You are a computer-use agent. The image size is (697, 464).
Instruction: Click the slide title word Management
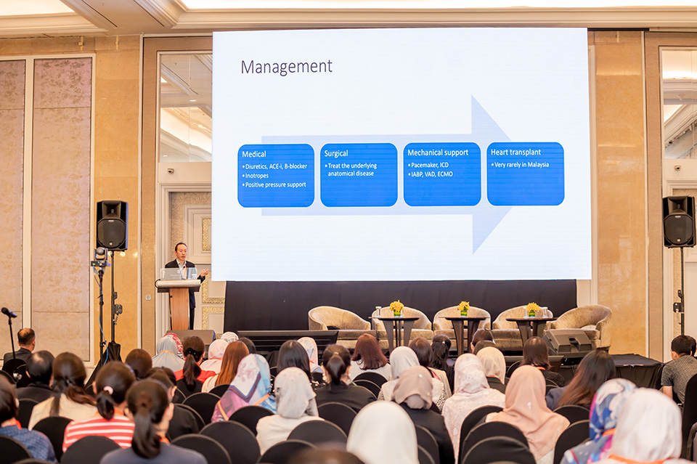(286, 67)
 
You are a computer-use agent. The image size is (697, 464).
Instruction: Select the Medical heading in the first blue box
(254, 154)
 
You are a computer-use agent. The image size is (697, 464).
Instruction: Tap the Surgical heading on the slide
(336, 153)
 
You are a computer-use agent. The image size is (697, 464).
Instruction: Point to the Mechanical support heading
(438, 152)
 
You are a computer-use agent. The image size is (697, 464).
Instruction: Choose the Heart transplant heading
(515, 152)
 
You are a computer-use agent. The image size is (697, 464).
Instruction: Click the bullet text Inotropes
(256, 176)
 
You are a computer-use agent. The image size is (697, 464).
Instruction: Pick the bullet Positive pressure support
(274, 185)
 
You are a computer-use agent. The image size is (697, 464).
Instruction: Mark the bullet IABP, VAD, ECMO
(431, 174)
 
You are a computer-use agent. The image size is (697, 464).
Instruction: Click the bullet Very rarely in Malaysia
(520, 164)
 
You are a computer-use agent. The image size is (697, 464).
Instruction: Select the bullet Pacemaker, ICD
(428, 165)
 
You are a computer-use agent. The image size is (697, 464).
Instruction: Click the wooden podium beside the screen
(179, 304)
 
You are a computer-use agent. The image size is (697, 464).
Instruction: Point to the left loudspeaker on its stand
(112, 225)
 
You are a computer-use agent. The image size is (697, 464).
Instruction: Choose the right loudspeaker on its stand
(679, 221)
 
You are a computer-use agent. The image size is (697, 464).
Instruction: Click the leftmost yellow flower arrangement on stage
(396, 308)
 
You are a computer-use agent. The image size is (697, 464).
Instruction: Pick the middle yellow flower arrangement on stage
(464, 308)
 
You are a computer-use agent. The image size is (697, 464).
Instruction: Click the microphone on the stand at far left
(9, 312)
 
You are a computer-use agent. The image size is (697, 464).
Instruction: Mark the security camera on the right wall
(677, 168)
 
